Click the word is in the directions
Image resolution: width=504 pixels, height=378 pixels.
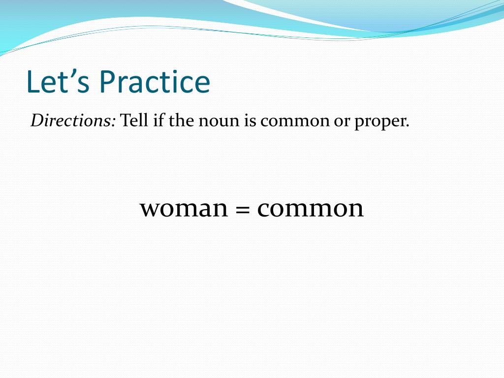(x=250, y=121)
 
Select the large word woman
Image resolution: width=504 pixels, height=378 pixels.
(x=184, y=208)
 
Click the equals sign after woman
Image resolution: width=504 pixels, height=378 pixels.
(x=243, y=210)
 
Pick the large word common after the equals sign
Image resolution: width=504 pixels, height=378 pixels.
(x=311, y=208)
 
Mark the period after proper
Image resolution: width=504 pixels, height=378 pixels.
(x=408, y=126)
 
